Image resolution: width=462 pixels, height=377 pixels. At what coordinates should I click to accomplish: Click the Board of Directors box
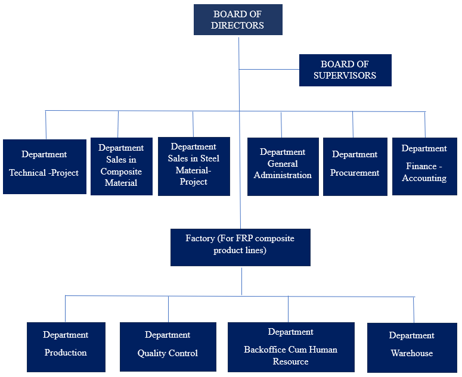coord(238,20)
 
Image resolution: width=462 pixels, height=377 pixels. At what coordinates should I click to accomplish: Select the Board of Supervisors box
coord(345,70)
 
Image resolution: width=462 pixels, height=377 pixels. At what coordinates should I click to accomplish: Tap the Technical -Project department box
coord(44,166)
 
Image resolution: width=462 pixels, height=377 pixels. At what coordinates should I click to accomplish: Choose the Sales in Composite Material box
coord(121,166)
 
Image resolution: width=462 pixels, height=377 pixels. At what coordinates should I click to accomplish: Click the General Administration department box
coord(283,166)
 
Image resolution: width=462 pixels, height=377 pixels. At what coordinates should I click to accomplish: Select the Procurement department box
coord(355,166)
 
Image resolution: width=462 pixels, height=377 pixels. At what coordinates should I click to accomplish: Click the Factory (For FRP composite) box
coord(240,247)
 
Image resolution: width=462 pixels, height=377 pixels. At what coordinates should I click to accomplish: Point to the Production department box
coord(66,347)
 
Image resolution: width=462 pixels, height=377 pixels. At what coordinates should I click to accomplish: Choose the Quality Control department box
coord(168,347)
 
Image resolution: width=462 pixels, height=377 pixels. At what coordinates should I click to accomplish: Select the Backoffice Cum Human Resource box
coord(290,347)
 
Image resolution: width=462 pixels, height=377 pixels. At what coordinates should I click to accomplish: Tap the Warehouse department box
coord(411,347)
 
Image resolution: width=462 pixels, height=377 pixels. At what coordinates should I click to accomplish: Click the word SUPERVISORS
coord(345,76)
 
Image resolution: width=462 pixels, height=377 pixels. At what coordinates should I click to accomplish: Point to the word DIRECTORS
coord(238,26)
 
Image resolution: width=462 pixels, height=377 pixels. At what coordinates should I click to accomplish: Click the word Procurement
coord(355,173)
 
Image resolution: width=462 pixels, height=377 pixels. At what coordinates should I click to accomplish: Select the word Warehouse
coord(411,353)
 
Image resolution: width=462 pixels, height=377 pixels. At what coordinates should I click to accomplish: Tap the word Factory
coord(200,238)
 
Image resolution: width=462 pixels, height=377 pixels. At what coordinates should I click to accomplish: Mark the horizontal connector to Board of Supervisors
coord(269,69)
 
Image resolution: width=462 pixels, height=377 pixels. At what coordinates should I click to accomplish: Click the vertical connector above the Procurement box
coord(353,124)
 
